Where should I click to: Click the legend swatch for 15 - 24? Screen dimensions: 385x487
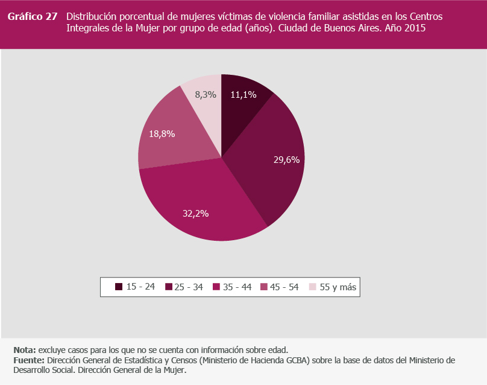pos(119,287)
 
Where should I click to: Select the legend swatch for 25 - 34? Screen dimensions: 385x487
pos(168,287)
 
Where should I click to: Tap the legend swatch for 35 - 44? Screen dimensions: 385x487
pos(216,287)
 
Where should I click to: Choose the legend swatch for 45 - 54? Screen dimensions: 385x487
pos(265,287)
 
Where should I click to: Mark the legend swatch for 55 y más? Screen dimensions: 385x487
pos(312,287)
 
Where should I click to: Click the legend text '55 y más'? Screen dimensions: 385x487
pos(338,287)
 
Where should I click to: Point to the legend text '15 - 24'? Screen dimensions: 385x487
pos(140,287)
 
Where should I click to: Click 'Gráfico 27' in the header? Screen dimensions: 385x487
pos(33,17)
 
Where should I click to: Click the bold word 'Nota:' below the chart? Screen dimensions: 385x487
pos(25,350)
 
